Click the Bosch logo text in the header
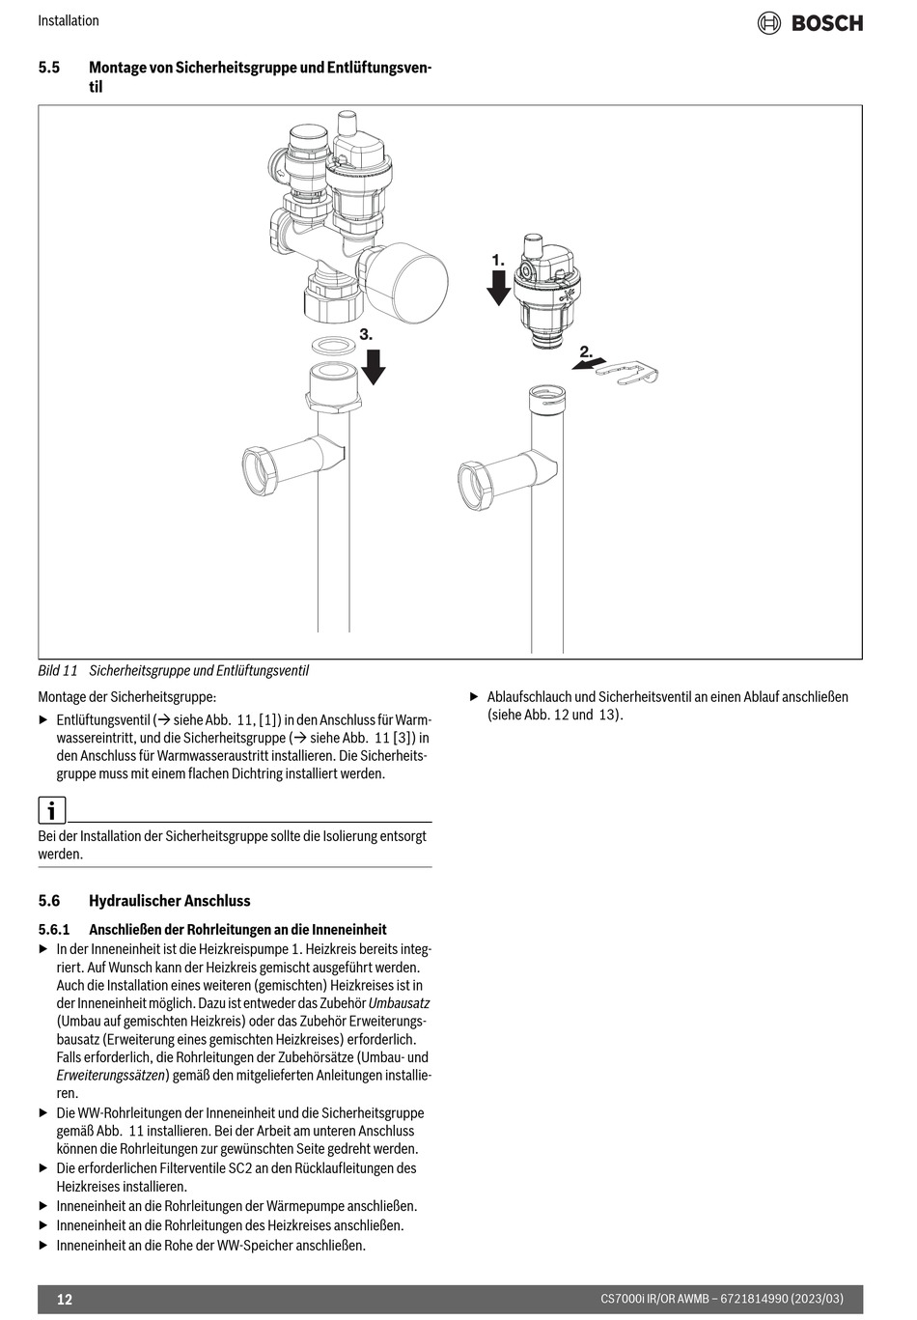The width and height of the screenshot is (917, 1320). click(x=826, y=23)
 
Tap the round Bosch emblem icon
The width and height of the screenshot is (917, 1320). click(x=768, y=23)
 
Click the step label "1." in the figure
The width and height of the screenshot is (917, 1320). click(x=498, y=261)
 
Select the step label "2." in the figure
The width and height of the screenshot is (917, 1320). click(x=585, y=351)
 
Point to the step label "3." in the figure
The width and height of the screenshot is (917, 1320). click(x=366, y=333)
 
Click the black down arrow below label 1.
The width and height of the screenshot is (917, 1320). click(x=498, y=288)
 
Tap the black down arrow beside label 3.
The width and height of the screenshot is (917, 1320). click(x=373, y=366)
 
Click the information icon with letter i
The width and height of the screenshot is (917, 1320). click(x=51, y=809)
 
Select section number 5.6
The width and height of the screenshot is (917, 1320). click(x=49, y=901)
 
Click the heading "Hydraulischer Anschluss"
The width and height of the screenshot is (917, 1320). click(x=169, y=901)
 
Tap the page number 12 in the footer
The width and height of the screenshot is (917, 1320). click(x=65, y=1299)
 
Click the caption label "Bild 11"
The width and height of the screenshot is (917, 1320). click(x=57, y=670)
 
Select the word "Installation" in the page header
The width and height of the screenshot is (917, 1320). click(x=69, y=20)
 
